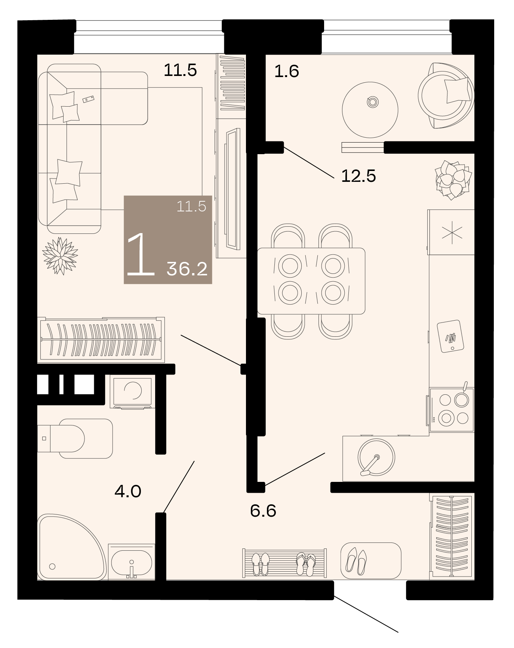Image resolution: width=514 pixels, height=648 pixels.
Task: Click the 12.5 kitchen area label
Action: pos(358,176)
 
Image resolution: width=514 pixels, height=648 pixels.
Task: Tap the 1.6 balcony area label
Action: pos(287,71)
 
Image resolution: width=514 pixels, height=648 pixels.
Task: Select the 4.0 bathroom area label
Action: pos(128,491)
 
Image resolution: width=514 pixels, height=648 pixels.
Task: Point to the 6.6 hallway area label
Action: pos(263,511)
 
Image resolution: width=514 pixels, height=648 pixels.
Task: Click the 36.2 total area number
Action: pos(187,269)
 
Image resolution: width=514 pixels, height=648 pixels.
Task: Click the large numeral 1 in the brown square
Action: pos(141,254)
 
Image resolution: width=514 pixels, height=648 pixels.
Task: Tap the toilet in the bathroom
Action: pos(75,438)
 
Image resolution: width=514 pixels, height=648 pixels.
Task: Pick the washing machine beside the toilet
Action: pos(133,392)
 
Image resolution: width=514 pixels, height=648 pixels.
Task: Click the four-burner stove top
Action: pos(452,410)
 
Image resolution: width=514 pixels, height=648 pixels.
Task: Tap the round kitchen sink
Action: pos(376,457)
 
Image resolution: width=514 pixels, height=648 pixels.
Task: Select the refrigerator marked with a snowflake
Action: pos(451,232)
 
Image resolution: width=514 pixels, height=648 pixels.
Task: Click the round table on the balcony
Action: pos(370,110)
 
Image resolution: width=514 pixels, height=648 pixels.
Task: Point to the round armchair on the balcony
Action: pos(446,95)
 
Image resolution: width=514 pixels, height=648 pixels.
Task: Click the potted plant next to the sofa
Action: pos(60,256)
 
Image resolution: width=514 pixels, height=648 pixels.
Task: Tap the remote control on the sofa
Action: pos(89,99)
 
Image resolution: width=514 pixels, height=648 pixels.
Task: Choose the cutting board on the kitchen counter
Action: pos(450,336)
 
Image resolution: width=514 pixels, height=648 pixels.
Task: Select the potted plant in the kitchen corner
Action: pos(453,180)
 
